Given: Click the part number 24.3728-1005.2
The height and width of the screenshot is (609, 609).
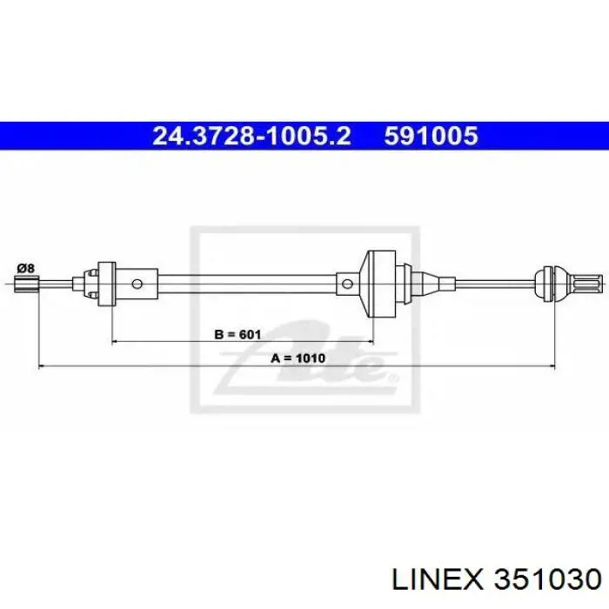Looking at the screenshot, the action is [251, 137].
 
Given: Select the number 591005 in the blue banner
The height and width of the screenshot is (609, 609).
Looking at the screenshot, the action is [432, 137].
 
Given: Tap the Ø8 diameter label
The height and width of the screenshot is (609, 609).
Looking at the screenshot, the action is [26, 268].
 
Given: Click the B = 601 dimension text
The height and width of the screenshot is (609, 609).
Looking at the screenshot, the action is [238, 334].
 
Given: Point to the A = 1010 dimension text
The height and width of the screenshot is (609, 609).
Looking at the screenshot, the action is [298, 358].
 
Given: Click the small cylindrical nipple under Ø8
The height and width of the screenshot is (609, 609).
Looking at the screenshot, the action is [26, 284].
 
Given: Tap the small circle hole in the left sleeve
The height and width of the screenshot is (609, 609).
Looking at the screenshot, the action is [137, 284].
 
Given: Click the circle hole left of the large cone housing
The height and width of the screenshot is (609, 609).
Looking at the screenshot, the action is [347, 284].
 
